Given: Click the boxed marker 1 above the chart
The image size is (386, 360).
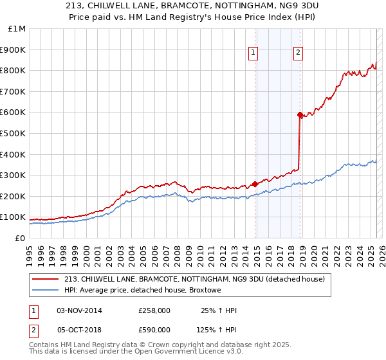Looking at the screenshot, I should coord(253,53).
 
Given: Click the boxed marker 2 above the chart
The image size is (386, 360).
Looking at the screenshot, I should coord(299,53).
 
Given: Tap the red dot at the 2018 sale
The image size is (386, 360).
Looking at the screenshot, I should coord(300,114).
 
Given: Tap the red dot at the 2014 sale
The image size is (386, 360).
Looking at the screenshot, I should coord(255,184).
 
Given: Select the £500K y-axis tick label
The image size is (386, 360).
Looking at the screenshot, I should coord(14,134).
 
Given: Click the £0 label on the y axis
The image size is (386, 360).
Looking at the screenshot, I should coord(20,239).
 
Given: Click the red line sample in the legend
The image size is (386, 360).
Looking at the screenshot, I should coord(46,279).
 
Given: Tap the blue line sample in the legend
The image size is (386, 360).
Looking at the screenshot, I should coord(46,291).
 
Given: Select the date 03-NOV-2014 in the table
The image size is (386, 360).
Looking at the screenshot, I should coord(80,311).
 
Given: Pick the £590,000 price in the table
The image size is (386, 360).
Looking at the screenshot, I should coord(154,329).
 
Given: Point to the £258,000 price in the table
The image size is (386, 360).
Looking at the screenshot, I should coord(154,311).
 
